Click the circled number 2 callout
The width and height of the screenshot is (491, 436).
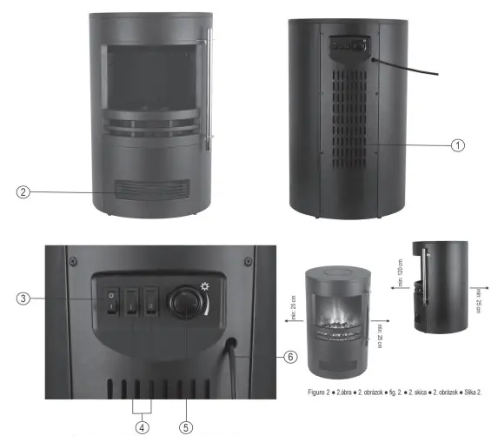[x=24, y=192]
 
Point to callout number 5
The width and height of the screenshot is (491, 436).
[x=187, y=426]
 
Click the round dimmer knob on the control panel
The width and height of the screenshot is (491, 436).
[x=185, y=302]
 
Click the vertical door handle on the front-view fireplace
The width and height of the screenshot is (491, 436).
[x=208, y=87]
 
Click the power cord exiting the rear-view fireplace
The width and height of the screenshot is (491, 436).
[x=408, y=70]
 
